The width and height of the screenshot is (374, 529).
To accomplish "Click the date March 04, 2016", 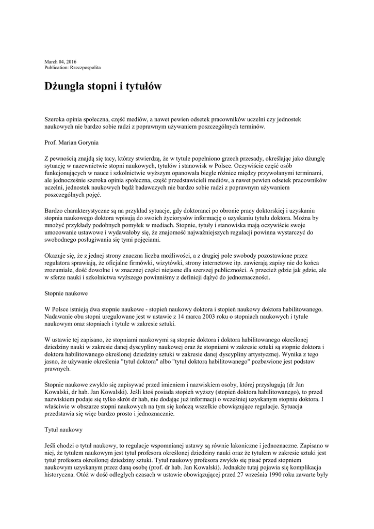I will click(x=60, y=62).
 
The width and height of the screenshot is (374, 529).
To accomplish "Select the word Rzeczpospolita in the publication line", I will click(x=86, y=68).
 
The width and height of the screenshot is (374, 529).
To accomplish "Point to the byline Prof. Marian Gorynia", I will click(x=71, y=142).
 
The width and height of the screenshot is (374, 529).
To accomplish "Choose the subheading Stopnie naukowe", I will click(x=66, y=293).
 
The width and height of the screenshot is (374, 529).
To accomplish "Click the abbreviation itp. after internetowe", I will click(x=250, y=262).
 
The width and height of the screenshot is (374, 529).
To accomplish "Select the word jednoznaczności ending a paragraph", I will click(x=241, y=277).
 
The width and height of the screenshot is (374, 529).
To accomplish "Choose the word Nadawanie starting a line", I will click(x=61, y=317).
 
